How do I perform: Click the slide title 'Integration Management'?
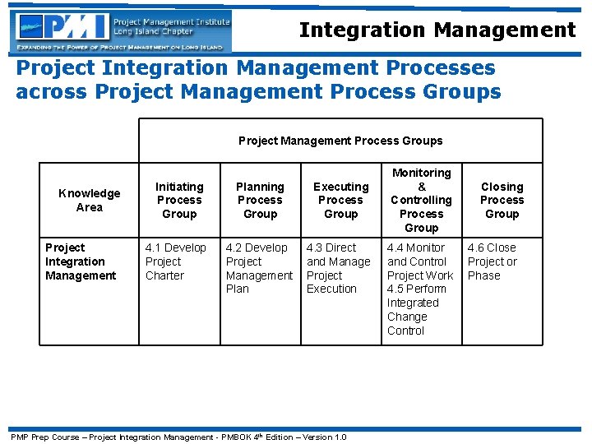tap(437, 30)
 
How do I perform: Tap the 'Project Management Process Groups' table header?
tap(340, 141)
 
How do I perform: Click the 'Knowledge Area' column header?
tap(89, 200)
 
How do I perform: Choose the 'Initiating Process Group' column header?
tap(179, 200)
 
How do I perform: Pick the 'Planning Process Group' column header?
tap(260, 200)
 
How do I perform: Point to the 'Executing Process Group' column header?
tap(340, 200)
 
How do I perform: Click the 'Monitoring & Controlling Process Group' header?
tap(421, 200)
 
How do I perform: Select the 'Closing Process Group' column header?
tap(502, 200)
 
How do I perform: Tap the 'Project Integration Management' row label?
tap(81, 261)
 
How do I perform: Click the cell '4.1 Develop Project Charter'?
tap(175, 261)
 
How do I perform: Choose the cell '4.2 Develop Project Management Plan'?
tap(258, 268)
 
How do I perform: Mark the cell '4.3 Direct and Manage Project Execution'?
tap(338, 268)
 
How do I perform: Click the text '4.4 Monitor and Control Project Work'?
tap(419, 261)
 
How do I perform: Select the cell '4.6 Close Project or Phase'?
tap(492, 261)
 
